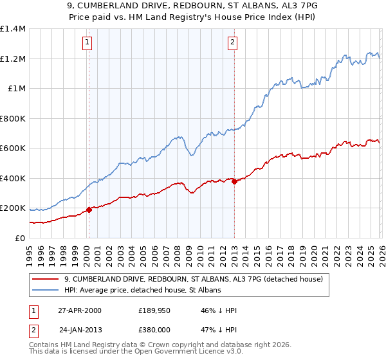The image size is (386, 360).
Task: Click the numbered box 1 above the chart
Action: click(x=87, y=43)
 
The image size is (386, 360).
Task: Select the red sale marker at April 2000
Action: click(x=89, y=210)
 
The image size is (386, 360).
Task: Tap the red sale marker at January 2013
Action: click(x=234, y=181)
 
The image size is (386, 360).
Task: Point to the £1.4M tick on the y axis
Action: click(x=13, y=29)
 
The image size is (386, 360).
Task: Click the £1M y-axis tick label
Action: click(x=16, y=89)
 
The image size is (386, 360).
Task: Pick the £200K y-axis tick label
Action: click(x=13, y=208)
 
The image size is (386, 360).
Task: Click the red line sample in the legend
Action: click(x=46, y=279)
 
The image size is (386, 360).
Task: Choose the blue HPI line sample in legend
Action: click(x=46, y=291)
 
